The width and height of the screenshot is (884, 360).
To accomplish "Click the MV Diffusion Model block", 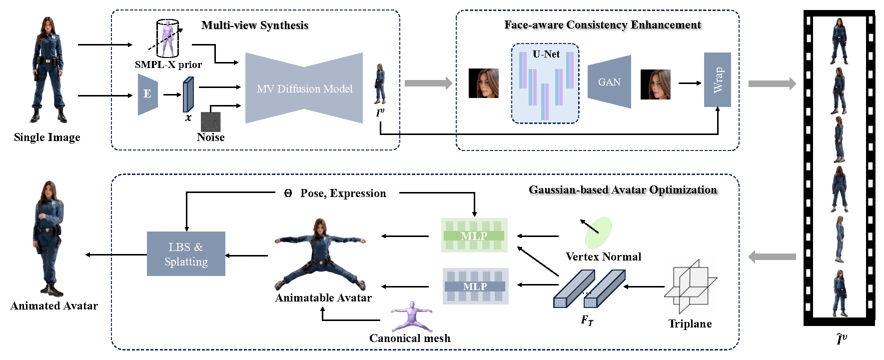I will (304, 88).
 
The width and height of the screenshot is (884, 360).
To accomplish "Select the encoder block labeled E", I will (147, 94).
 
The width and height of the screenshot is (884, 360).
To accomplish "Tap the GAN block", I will (609, 82).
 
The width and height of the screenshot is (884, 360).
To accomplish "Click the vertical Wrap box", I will (717, 80).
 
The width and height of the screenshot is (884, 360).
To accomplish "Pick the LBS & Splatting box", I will (186, 254).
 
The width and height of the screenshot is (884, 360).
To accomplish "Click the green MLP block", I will (474, 235).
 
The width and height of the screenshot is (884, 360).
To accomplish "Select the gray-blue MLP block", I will (475, 286).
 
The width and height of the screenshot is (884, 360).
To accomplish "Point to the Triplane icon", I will (690, 286).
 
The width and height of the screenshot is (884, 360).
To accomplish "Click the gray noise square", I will (210, 121).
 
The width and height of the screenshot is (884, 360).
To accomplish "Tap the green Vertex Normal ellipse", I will (598, 232).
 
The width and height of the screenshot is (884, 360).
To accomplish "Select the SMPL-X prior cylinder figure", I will (167, 38).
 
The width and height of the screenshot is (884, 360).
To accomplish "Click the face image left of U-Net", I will (483, 83).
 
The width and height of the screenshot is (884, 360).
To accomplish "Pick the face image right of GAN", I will (655, 84).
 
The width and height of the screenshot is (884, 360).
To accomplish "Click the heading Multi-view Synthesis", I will (255, 25).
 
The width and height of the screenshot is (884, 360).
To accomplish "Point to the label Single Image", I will (47, 137).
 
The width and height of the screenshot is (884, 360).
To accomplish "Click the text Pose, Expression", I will (343, 193).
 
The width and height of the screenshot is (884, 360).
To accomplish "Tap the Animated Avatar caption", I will (54, 306).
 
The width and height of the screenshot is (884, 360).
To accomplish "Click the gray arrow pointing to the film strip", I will (772, 83).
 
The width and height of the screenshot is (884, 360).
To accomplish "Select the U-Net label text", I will (546, 54).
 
